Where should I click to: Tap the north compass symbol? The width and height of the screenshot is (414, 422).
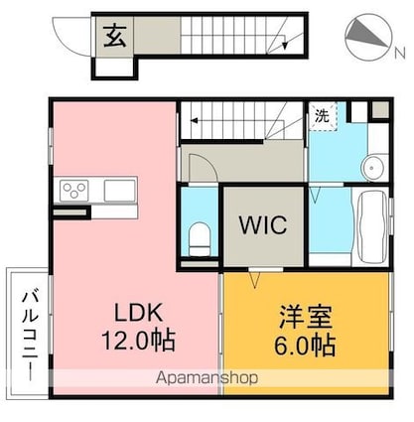pos(368,37)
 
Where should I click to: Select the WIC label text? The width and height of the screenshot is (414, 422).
pos(262,224)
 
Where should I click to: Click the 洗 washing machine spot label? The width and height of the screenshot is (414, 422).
pos(322,116)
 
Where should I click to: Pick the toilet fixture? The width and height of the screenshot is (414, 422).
pos(199,238)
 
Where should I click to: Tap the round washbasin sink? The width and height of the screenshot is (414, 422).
pos(374,166)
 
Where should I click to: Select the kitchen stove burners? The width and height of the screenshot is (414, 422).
pos(75,190)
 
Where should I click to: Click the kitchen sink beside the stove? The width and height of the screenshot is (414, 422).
pos(119,190)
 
